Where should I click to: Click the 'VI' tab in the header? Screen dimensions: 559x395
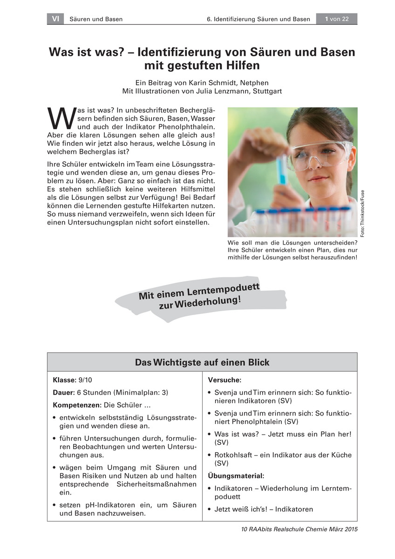click(x=55, y=19)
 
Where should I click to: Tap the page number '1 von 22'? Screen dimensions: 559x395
click(x=337, y=19)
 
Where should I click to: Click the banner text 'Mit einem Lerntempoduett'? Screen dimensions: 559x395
click(x=199, y=291)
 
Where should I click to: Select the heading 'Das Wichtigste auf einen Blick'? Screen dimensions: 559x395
click(x=202, y=362)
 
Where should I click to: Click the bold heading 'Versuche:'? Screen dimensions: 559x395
click(x=225, y=380)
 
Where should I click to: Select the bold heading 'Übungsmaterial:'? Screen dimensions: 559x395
click(x=236, y=476)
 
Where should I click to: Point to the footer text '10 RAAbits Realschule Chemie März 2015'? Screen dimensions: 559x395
click(x=298, y=529)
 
